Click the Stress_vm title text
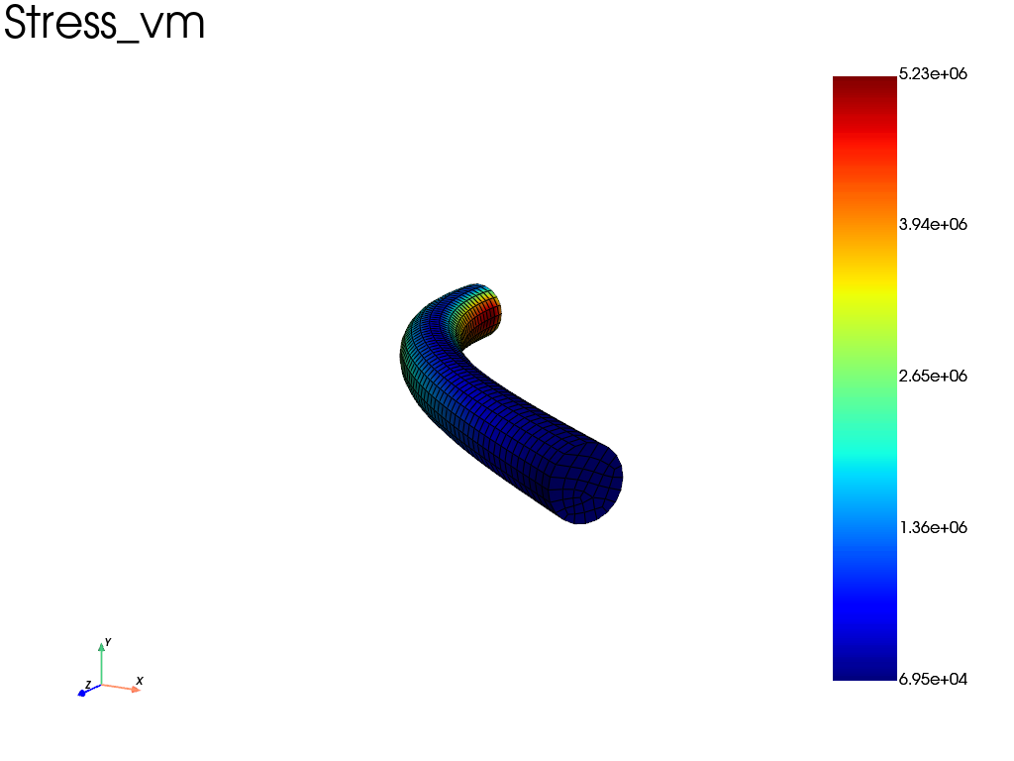coord(104,24)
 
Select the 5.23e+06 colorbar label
coord(933,73)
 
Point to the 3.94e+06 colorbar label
coord(933,225)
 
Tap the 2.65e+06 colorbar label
coord(933,376)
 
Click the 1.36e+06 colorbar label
coord(933,527)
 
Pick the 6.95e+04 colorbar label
coord(933,679)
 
